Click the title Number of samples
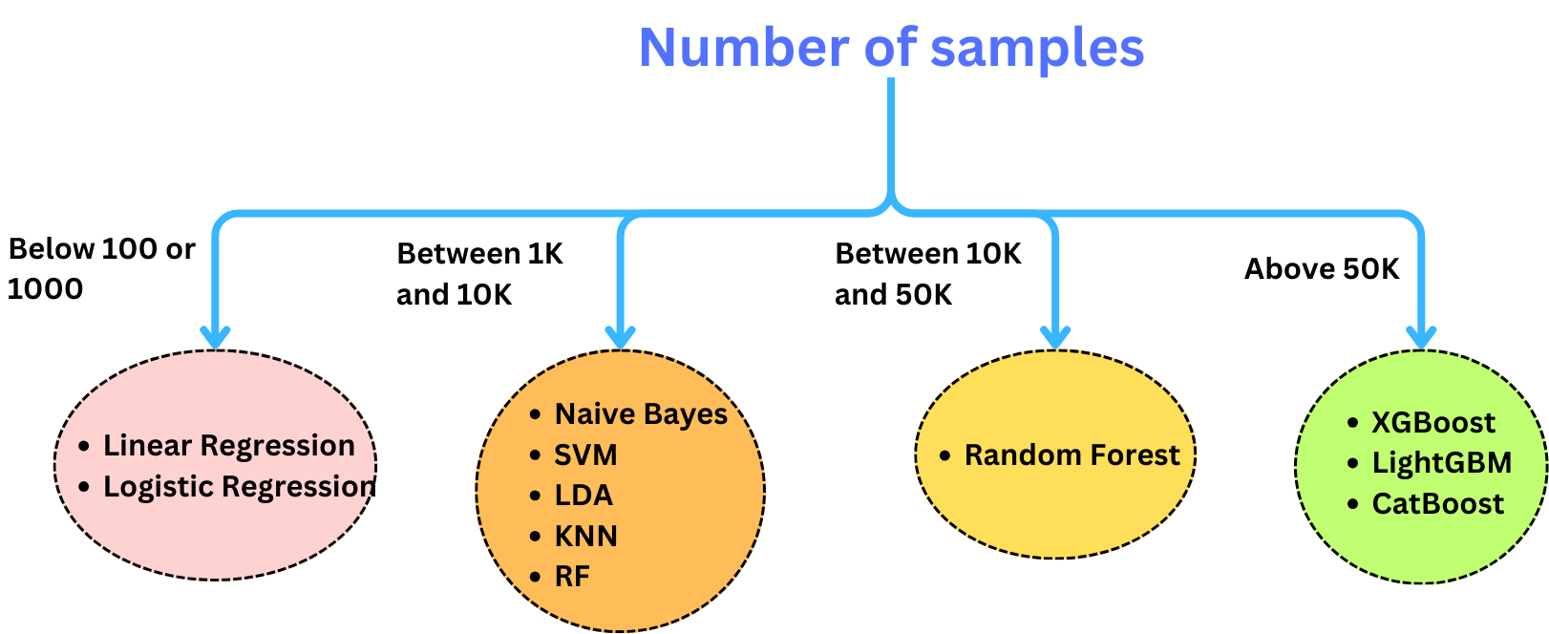891,48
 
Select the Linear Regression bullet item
229,446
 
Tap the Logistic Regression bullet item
239,487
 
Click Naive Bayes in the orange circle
641,414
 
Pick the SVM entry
585,455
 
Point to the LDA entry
584,496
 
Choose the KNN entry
585,537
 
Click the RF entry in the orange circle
572,577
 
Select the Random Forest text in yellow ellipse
1072,455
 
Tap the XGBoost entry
1432,423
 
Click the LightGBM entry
1441,463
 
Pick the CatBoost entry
1437,504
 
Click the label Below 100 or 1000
100,268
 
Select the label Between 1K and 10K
479,274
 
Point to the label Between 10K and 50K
927,274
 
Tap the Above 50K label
1321,269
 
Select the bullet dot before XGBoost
1352,423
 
